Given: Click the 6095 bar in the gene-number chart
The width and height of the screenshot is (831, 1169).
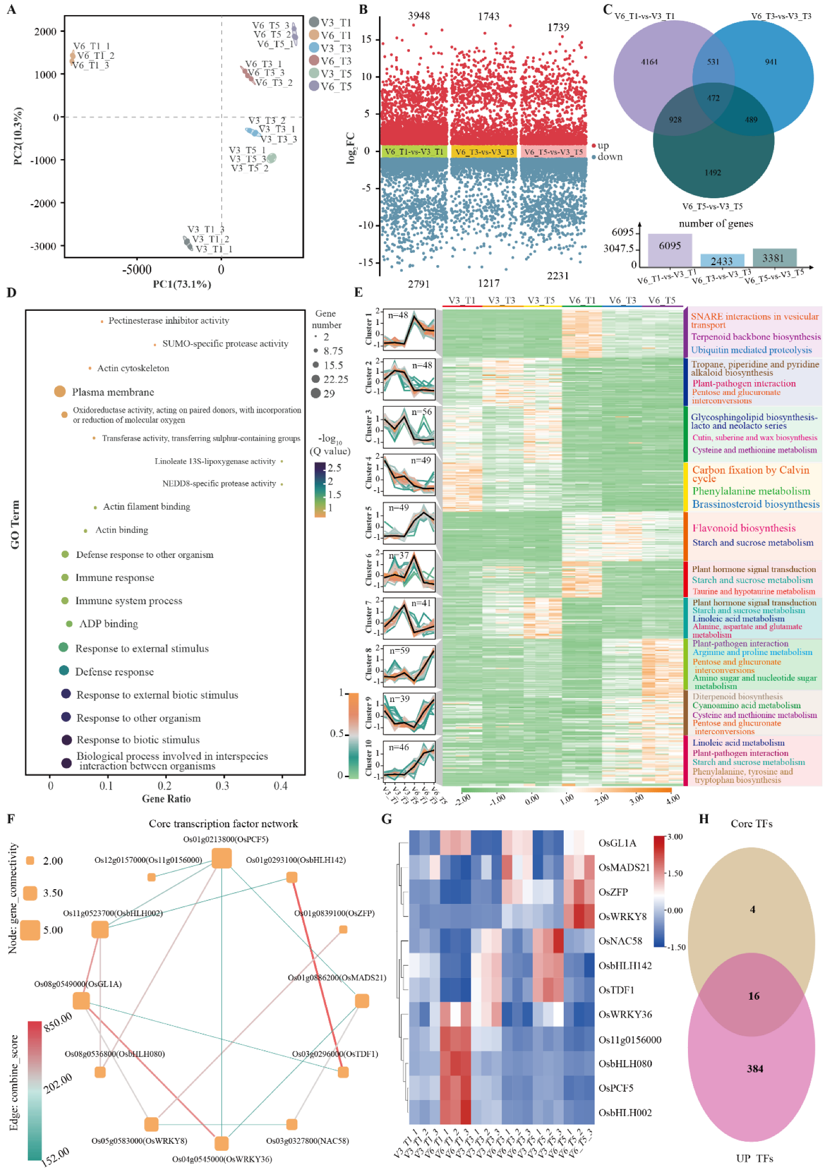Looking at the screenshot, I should (x=669, y=249).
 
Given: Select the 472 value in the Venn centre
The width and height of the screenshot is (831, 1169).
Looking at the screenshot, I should (x=713, y=98).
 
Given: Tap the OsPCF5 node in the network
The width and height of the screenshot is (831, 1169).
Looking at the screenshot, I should (x=222, y=858).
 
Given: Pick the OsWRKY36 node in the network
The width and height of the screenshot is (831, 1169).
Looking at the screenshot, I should (x=222, y=1144).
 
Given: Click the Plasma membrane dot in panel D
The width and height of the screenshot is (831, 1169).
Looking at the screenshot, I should (x=60, y=392).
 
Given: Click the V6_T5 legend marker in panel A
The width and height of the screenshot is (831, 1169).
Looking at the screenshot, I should (x=314, y=86).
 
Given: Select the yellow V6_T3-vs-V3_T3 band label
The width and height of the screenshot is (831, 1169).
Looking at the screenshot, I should (x=484, y=152).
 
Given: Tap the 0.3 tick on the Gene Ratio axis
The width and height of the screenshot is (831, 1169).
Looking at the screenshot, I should (x=222, y=786).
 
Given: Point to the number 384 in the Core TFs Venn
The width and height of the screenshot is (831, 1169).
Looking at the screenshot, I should (x=755, y=1069).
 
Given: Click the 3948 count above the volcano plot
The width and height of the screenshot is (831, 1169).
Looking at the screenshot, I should (x=419, y=16).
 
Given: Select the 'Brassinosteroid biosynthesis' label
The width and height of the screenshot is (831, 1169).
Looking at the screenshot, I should (x=755, y=504).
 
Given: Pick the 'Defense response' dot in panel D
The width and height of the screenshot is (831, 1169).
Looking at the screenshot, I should (x=64, y=670).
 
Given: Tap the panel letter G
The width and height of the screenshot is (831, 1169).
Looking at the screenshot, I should (x=387, y=819).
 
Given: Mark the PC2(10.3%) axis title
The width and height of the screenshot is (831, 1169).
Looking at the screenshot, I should (x=18, y=136).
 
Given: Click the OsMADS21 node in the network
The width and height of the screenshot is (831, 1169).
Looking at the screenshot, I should (x=362, y=1001).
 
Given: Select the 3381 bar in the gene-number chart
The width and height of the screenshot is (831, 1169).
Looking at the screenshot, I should (x=774, y=257).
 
